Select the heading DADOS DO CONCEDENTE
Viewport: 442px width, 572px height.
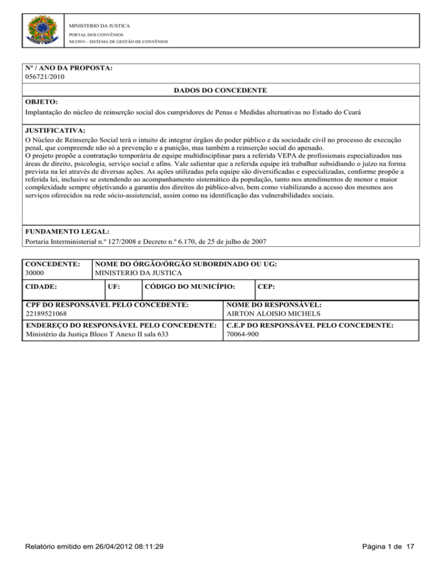(220, 91)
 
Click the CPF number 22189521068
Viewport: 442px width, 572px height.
(47, 314)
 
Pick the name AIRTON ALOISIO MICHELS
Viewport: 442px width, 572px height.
(272, 314)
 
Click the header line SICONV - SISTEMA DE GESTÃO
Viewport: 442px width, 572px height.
(119, 41)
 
